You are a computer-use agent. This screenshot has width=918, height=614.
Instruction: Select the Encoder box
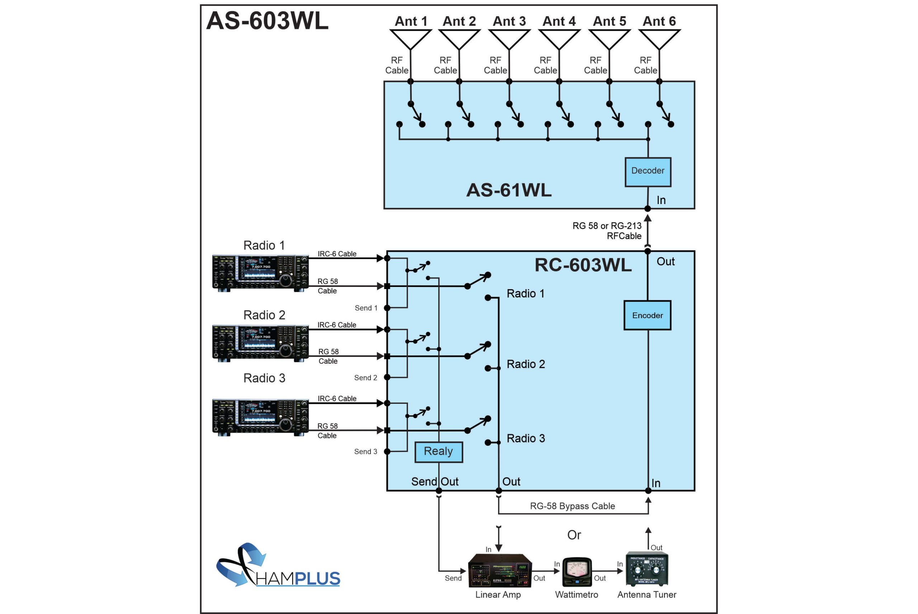pyautogui.click(x=647, y=315)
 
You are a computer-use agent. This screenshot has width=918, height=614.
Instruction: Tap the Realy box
pyautogui.click(x=439, y=452)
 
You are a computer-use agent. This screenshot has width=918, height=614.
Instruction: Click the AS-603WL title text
pyautogui.click(x=267, y=21)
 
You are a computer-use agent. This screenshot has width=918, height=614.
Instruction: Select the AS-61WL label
pyautogui.click(x=508, y=190)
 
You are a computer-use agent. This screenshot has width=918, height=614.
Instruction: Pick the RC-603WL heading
pyautogui.click(x=583, y=265)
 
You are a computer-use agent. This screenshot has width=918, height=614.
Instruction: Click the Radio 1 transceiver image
pyautogui.click(x=260, y=273)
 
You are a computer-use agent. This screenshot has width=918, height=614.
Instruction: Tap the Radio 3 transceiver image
pyautogui.click(x=260, y=417)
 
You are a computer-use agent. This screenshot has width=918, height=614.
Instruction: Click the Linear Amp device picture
pyautogui.click(x=500, y=571)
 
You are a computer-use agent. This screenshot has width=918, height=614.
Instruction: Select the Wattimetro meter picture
pyautogui.click(x=577, y=572)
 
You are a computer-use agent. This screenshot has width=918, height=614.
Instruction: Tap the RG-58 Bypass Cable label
pyautogui.click(x=572, y=506)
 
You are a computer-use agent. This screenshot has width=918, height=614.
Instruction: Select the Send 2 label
pyautogui.click(x=366, y=378)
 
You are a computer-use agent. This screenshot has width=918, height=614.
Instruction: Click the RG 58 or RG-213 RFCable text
pyautogui.click(x=607, y=231)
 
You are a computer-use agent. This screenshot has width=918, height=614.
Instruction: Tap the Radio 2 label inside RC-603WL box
pyautogui.click(x=526, y=364)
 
